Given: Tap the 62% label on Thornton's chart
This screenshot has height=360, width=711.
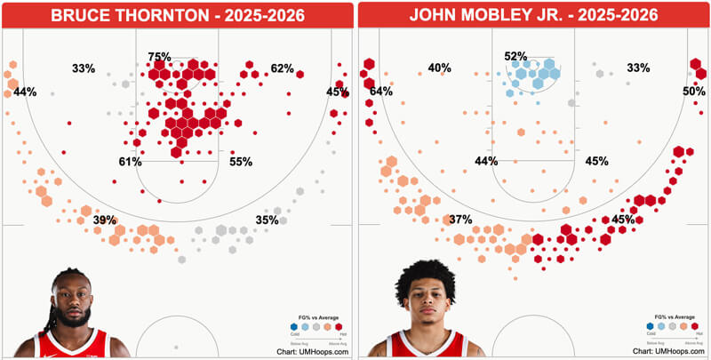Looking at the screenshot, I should pyautogui.click(x=282, y=68).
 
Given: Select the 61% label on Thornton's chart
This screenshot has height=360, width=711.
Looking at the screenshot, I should pyautogui.click(x=131, y=163).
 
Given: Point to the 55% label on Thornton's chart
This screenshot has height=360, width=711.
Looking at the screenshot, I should pyautogui.click(x=241, y=163).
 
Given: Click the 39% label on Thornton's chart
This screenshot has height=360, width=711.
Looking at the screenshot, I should pyautogui.click(x=105, y=220).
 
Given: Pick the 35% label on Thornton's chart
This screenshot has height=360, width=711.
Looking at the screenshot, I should pyautogui.click(x=267, y=220).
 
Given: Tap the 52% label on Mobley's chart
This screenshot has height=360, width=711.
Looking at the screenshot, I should pyautogui.click(x=516, y=57).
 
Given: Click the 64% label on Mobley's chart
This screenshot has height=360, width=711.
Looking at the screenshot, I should pyautogui.click(x=381, y=92).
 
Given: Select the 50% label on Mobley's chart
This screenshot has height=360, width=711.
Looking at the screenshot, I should pyautogui.click(x=694, y=92).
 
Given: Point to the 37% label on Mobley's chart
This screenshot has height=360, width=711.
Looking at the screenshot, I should pyautogui.click(x=460, y=220).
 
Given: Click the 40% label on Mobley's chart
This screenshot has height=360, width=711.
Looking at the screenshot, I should pyautogui.click(x=439, y=68).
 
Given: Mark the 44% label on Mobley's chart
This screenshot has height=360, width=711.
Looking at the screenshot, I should pyautogui.click(x=486, y=162).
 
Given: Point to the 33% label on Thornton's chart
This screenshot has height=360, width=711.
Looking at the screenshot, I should pyautogui.click(x=84, y=68).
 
